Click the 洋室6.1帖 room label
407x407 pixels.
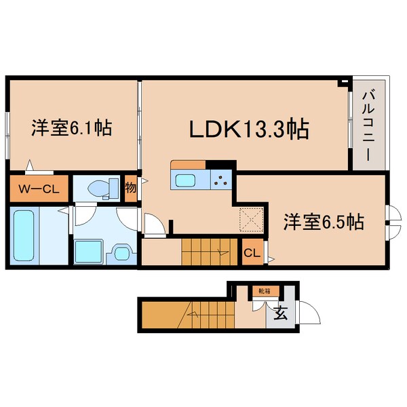(71, 128)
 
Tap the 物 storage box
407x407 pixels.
(131, 188)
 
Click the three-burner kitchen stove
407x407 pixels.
(220, 180)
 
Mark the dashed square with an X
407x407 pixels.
(252, 220)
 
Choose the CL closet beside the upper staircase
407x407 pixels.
(251, 253)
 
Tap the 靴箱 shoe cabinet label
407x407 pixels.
(263, 291)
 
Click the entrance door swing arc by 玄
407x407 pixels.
(308, 313)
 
